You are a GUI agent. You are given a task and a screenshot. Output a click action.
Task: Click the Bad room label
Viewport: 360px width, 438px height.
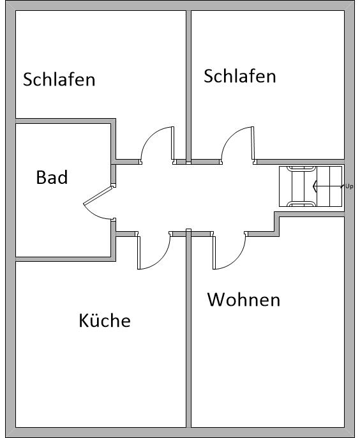(52, 177)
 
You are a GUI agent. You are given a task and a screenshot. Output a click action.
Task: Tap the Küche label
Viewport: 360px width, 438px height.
(105, 320)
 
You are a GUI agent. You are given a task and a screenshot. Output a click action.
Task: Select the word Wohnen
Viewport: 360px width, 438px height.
(244, 299)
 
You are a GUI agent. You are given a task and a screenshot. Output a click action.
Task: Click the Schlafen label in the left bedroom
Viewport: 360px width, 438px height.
(59, 79)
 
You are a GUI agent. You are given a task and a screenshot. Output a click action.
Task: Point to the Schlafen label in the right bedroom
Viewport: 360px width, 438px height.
(240, 76)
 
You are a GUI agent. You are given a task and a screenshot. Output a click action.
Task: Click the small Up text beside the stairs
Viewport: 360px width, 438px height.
(349, 186)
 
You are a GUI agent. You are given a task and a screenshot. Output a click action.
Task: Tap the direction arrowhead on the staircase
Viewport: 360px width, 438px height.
(315, 186)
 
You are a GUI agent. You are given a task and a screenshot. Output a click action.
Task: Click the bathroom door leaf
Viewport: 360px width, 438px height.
(99, 196)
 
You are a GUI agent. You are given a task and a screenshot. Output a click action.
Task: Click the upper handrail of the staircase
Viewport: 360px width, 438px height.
(301, 168)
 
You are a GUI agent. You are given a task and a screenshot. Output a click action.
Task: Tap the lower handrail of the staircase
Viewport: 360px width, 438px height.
(301, 204)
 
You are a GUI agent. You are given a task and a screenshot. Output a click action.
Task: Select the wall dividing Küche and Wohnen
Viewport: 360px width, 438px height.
(189, 329)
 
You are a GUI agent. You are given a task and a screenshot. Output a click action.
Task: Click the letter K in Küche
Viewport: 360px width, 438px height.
(83, 321)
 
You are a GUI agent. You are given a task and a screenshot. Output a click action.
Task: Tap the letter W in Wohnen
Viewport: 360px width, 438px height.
(216, 299)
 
